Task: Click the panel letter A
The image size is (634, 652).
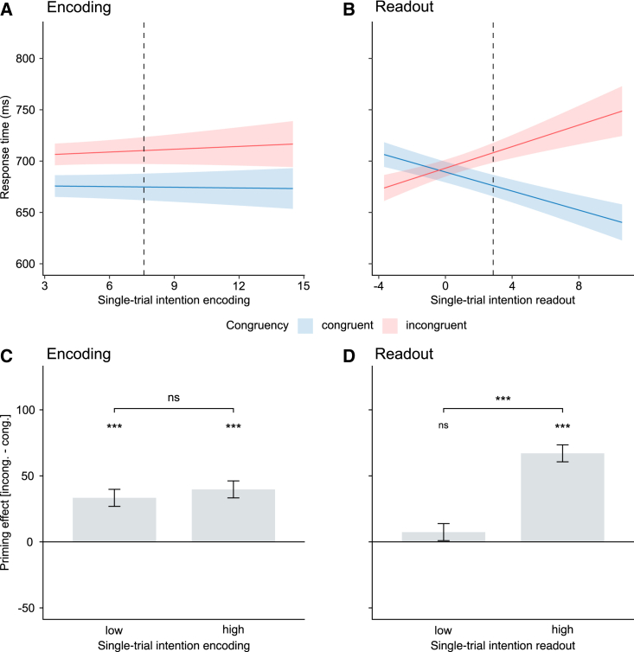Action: (8, 10)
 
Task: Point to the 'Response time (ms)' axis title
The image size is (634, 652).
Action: (7, 162)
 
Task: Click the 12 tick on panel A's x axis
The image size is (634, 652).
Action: (239, 284)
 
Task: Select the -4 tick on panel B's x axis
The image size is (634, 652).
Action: (378, 284)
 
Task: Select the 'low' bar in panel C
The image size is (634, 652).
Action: (114, 520)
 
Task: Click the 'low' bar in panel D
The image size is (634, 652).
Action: (443, 537)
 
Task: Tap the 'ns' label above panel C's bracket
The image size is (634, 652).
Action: (174, 399)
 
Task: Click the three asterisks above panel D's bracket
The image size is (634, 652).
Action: (503, 399)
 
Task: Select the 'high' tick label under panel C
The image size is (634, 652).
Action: (234, 630)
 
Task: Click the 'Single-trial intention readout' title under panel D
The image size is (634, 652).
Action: (503, 645)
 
